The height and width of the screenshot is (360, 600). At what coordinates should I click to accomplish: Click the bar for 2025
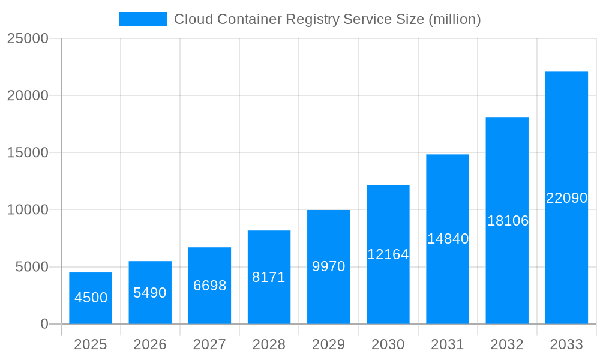91,298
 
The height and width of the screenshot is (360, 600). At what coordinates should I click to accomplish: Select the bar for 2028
269,277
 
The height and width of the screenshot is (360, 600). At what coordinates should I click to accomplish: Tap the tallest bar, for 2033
566,198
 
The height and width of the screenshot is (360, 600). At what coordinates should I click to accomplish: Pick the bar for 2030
388,254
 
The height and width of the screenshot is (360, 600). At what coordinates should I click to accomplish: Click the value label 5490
150,293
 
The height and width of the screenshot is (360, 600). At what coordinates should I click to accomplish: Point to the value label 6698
209,286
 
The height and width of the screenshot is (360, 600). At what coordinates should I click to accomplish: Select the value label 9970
329,266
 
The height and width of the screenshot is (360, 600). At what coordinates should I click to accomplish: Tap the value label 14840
448,239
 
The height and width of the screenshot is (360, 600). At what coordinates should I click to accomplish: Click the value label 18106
508,221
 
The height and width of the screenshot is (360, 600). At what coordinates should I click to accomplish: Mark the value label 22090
566,198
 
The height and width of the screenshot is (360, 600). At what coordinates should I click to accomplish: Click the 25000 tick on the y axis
27,38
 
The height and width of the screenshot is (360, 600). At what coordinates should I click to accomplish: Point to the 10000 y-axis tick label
27,210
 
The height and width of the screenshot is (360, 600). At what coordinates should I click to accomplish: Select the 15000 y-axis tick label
27,152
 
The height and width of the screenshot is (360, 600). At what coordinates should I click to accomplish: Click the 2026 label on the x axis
150,344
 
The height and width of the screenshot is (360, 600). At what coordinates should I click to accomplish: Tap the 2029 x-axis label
329,344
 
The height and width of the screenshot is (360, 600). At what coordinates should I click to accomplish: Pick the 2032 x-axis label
507,344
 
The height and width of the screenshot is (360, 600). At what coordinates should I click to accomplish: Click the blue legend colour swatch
143,19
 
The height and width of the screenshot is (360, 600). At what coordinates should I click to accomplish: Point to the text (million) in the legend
454,19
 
